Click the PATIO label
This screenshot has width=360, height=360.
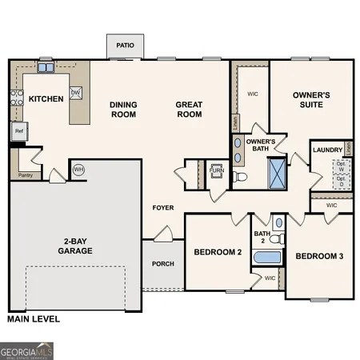125,46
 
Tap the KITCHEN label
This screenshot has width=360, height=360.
46,99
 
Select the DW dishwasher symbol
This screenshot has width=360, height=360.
76,93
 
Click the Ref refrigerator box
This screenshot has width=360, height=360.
18,131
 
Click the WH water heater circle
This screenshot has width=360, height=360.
78,170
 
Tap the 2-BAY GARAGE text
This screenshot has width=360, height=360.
78,246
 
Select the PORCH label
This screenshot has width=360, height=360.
163,264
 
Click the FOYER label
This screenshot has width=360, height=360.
163,208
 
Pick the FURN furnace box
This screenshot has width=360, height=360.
216,170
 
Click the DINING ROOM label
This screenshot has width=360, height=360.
124,110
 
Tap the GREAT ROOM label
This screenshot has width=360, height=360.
190,110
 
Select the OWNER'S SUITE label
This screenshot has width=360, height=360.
310,100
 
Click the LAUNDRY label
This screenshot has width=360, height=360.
327,150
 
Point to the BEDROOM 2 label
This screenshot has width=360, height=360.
217,252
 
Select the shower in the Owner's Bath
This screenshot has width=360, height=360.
277,172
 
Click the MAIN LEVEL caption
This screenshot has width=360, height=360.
33,318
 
